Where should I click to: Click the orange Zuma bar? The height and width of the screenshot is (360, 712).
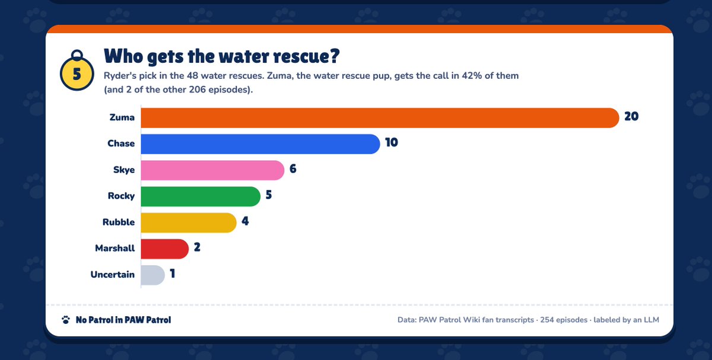click(x=380, y=118)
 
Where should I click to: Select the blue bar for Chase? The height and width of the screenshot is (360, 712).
click(x=260, y=144)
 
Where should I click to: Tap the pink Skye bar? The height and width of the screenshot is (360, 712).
click(x=212, y=170)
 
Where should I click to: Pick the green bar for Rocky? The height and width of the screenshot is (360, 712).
click(x=201, y=196)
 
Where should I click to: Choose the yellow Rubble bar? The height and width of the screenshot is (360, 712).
click(x=189, y=222)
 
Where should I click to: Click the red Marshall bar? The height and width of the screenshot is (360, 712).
click(x=165, y=249)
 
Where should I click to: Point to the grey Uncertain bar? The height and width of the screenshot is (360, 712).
click(x=153, y=275)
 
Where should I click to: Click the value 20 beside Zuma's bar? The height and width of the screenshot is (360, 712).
click(x=631, y=116)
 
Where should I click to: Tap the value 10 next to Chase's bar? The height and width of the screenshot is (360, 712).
click(x=392, y=142)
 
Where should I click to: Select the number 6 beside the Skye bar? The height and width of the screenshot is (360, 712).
click(x=293, y=168)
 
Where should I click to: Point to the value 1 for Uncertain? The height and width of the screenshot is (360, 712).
click(x=173, y=273)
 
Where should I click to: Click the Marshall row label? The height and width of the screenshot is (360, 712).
click(x=115, y=248)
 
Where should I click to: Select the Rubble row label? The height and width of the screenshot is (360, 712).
click(x=119, y=222)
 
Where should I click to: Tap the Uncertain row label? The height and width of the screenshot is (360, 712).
click(x=113, y=274)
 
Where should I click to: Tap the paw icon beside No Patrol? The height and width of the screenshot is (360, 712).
click(x=66, y=320)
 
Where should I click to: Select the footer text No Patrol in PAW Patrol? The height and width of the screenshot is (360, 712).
click(x=123, y=320)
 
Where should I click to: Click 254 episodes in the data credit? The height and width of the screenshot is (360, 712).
click(x=564, y=320)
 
